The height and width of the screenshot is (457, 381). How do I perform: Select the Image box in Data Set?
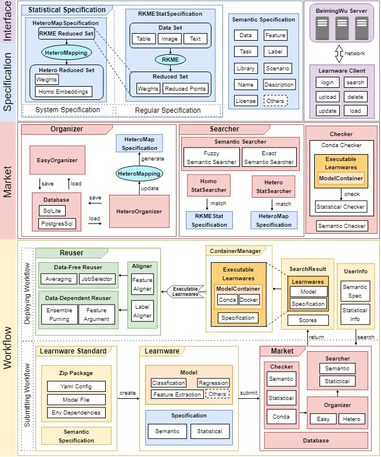(x=170, y=39)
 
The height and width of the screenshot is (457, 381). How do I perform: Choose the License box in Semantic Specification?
(x=246, y=101)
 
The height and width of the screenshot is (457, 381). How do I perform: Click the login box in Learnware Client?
(x=327, y=83)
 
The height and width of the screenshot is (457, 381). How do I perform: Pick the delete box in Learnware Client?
(x=355, y=97)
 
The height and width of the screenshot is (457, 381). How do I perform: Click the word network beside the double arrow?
(x=355, y=53)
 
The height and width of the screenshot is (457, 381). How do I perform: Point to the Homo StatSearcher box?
(x=208, y=185)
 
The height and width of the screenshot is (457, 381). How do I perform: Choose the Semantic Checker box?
(x=342, y=226)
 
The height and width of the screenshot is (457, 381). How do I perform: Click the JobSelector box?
(x=96, y=279)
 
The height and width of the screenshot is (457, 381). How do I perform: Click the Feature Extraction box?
(x=177, y=394)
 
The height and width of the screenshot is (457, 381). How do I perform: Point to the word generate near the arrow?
(x=152, y=158)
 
